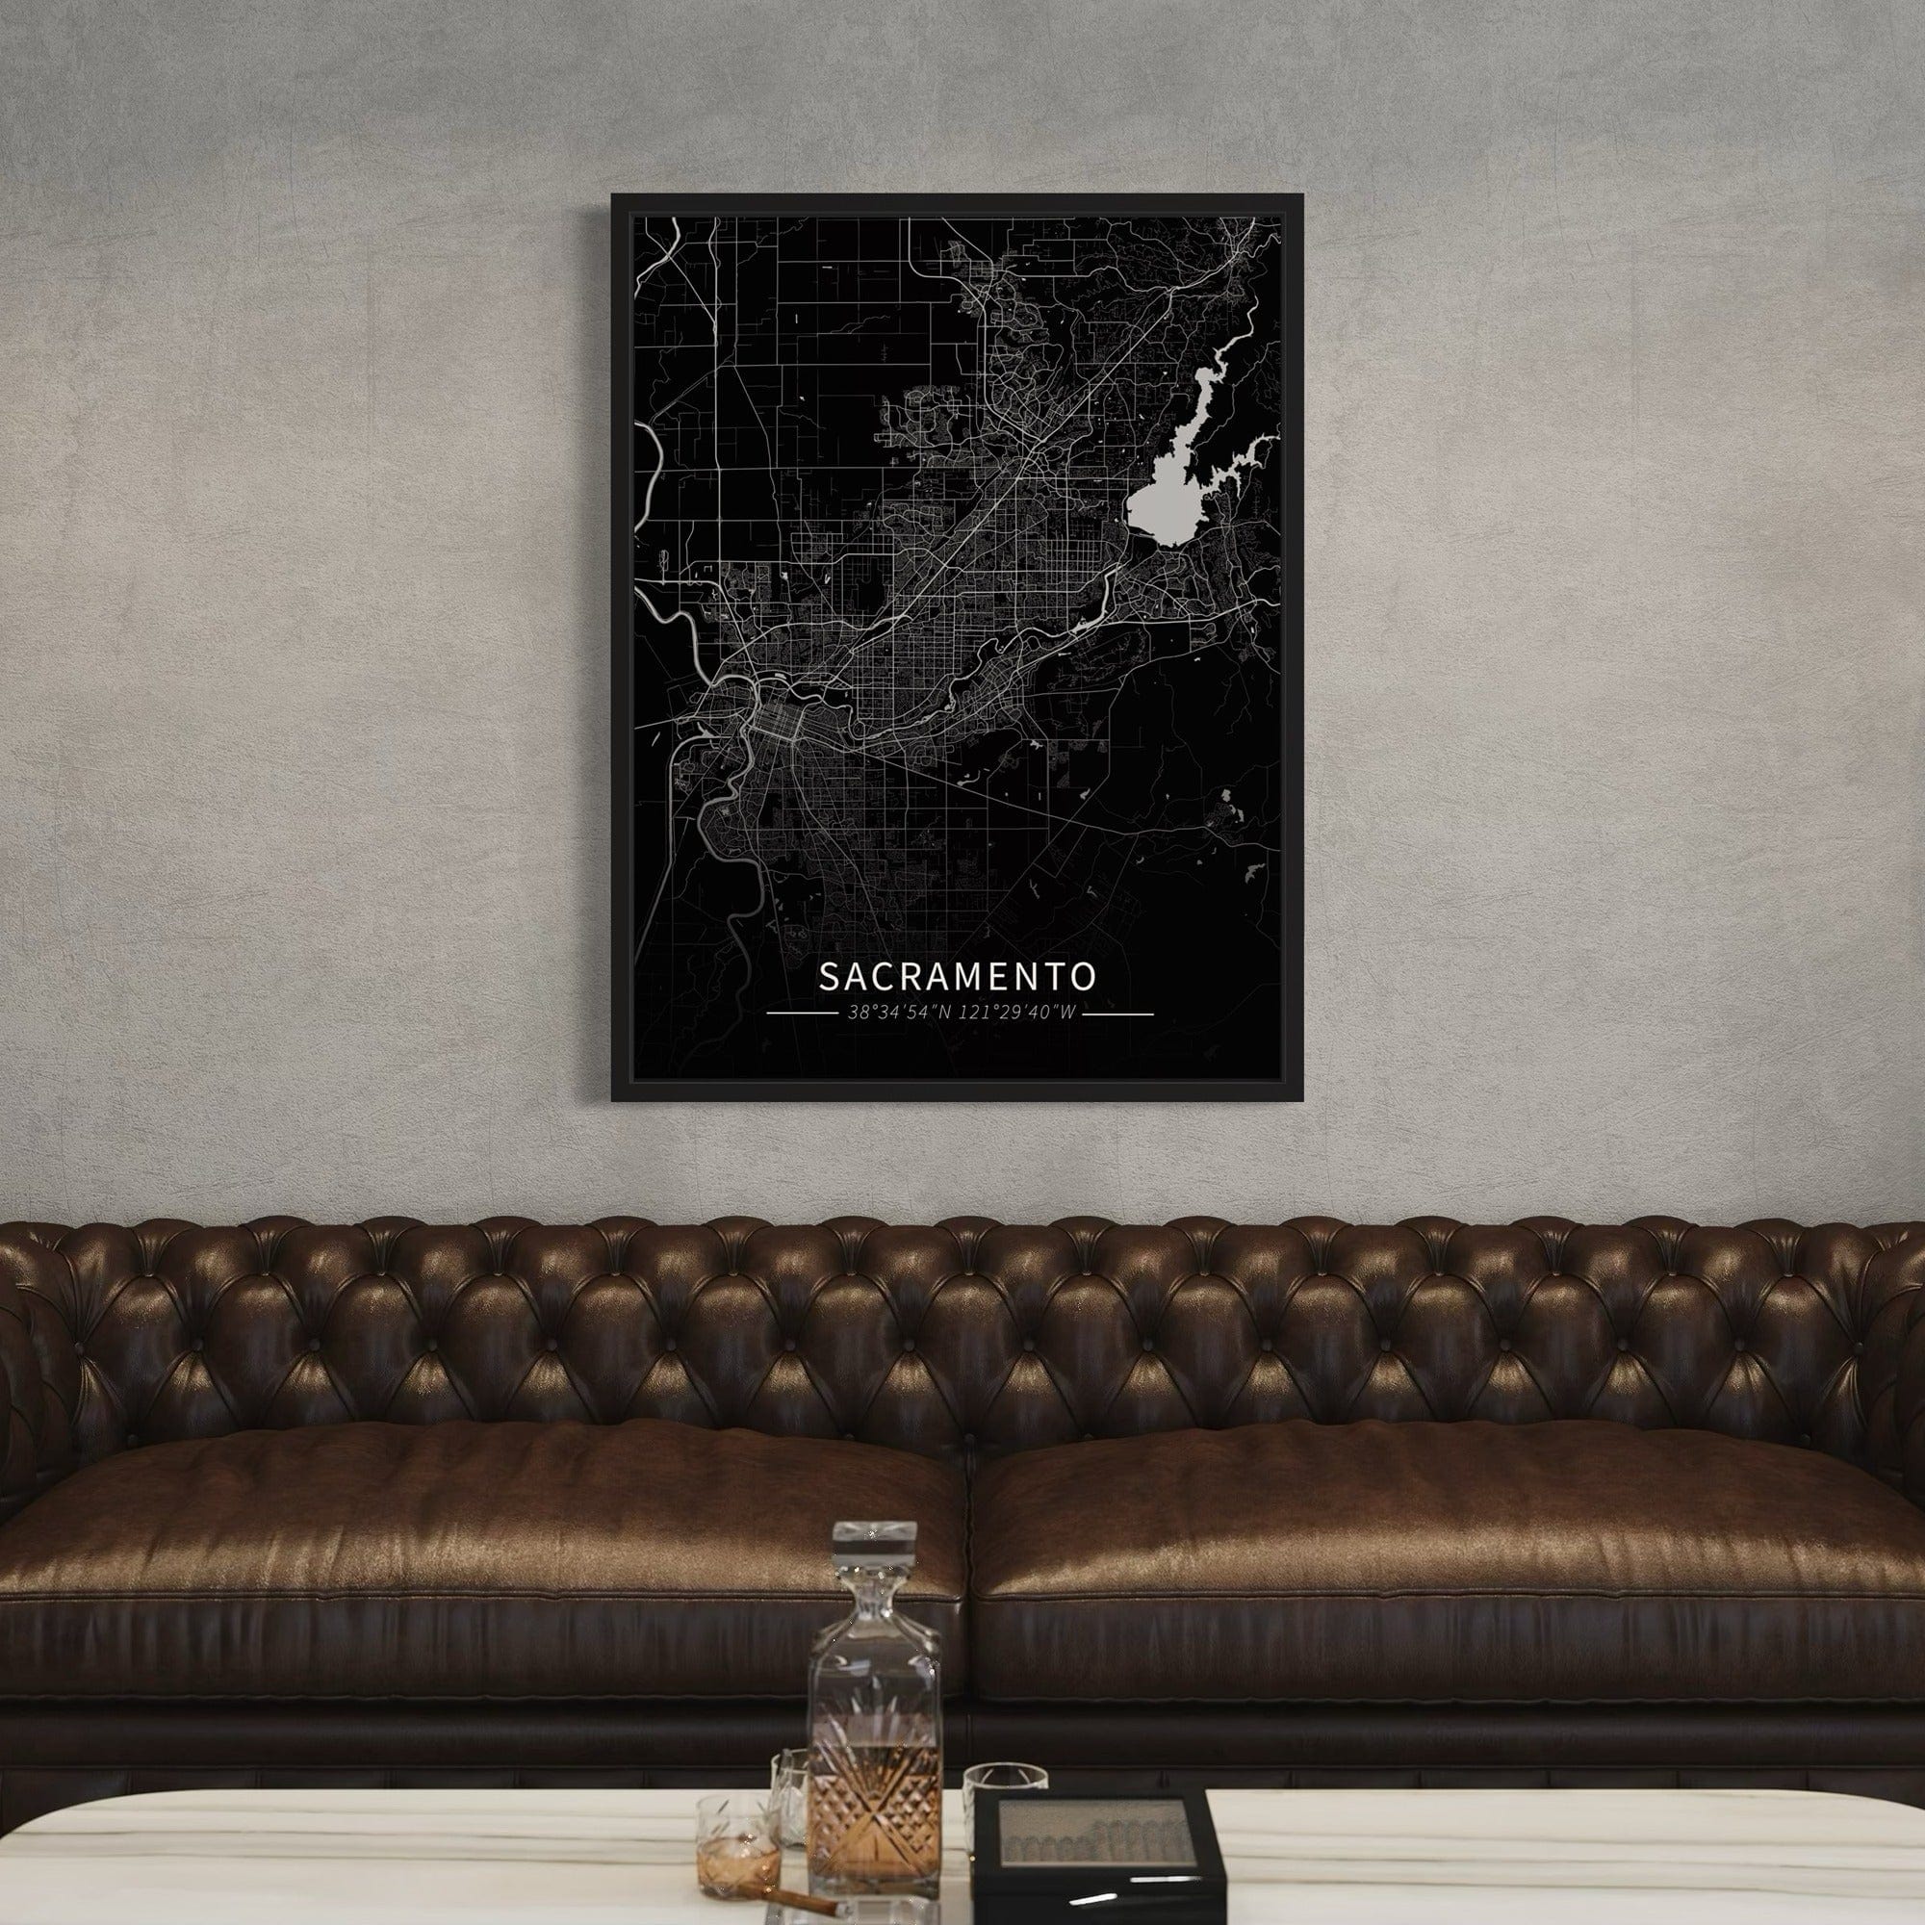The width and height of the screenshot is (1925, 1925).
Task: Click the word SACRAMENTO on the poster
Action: coord(958,976)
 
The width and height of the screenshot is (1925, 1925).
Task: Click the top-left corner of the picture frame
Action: coord(615,197)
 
